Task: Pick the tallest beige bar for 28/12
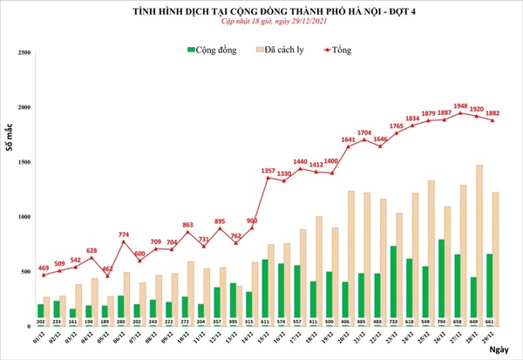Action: click(x=479, y=244)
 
